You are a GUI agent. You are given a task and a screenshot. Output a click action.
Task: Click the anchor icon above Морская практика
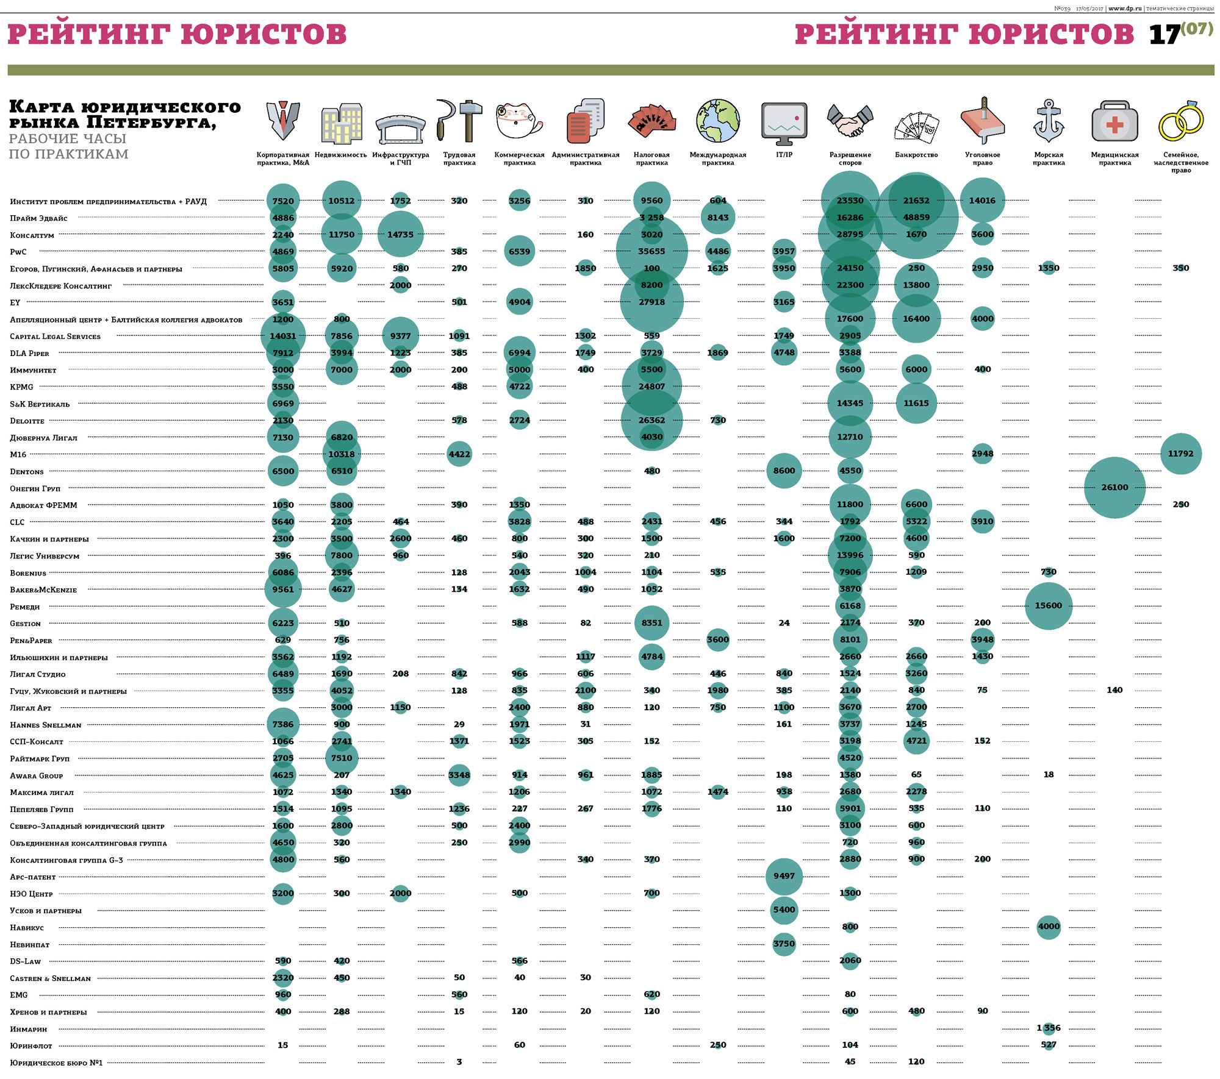point(1049,121)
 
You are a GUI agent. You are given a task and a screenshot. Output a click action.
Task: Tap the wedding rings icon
point(1181,121)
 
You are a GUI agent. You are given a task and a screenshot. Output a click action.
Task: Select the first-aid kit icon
point(1114,121)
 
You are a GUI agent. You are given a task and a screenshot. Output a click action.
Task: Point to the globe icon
point(718,121)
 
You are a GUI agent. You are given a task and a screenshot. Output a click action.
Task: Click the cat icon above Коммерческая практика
point(518,121)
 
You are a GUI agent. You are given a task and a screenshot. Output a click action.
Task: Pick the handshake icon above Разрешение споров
point(850,121)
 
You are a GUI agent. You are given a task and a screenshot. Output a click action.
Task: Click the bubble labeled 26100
point(1114,488)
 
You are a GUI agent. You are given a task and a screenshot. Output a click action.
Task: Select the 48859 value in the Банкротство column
point(916,218)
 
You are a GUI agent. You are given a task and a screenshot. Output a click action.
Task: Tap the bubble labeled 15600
point(1048,606)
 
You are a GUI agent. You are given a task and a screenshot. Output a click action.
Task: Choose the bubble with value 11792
point(1180,454)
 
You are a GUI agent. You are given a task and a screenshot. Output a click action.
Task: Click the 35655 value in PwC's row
point(651,251)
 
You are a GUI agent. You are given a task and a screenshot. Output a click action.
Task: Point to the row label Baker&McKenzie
point(43,590)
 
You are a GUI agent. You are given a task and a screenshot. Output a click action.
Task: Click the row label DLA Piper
point(29,354)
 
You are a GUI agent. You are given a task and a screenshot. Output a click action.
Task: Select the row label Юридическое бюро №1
point(56,1063)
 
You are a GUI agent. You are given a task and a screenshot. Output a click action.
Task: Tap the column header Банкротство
point(916,155)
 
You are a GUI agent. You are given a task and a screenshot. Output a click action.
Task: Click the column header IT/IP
point(784,155)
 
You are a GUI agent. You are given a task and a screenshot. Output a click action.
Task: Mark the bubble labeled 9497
point(784,876)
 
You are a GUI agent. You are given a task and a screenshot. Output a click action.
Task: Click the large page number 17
point(1163,35)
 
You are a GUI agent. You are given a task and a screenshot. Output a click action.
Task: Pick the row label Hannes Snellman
point(46,725)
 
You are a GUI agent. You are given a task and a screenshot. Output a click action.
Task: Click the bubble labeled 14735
point(400,235)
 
